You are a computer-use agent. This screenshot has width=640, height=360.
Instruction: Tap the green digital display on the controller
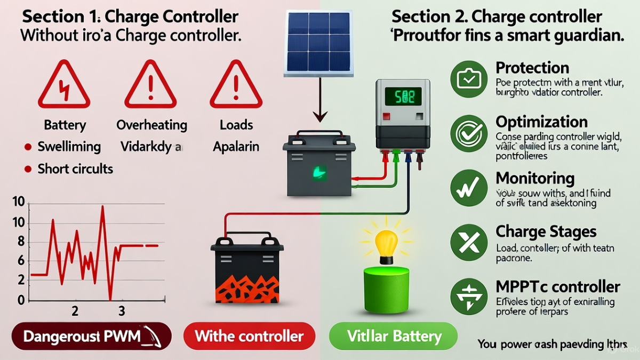pyautogui.click(x=403, y=97)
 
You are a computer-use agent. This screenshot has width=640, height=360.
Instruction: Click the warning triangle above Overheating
pyautogui.click(x=150, y=85)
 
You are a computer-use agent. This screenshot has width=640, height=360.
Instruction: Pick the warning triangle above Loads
pyautogui.click(x=236, y=85)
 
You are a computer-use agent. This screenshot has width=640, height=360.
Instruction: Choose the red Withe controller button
pyautogui.click(x=249, y=337)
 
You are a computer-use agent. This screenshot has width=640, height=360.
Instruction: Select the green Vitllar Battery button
pyautogui.click(x=394, y=337)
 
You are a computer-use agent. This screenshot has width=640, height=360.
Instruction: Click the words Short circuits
pyautogui.click(x=75, y=169)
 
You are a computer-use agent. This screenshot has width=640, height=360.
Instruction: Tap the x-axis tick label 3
pyautogui.click(x=122, y=310)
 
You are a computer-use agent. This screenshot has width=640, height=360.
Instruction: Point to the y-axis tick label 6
pyautogui.click(x=21, y=261)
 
